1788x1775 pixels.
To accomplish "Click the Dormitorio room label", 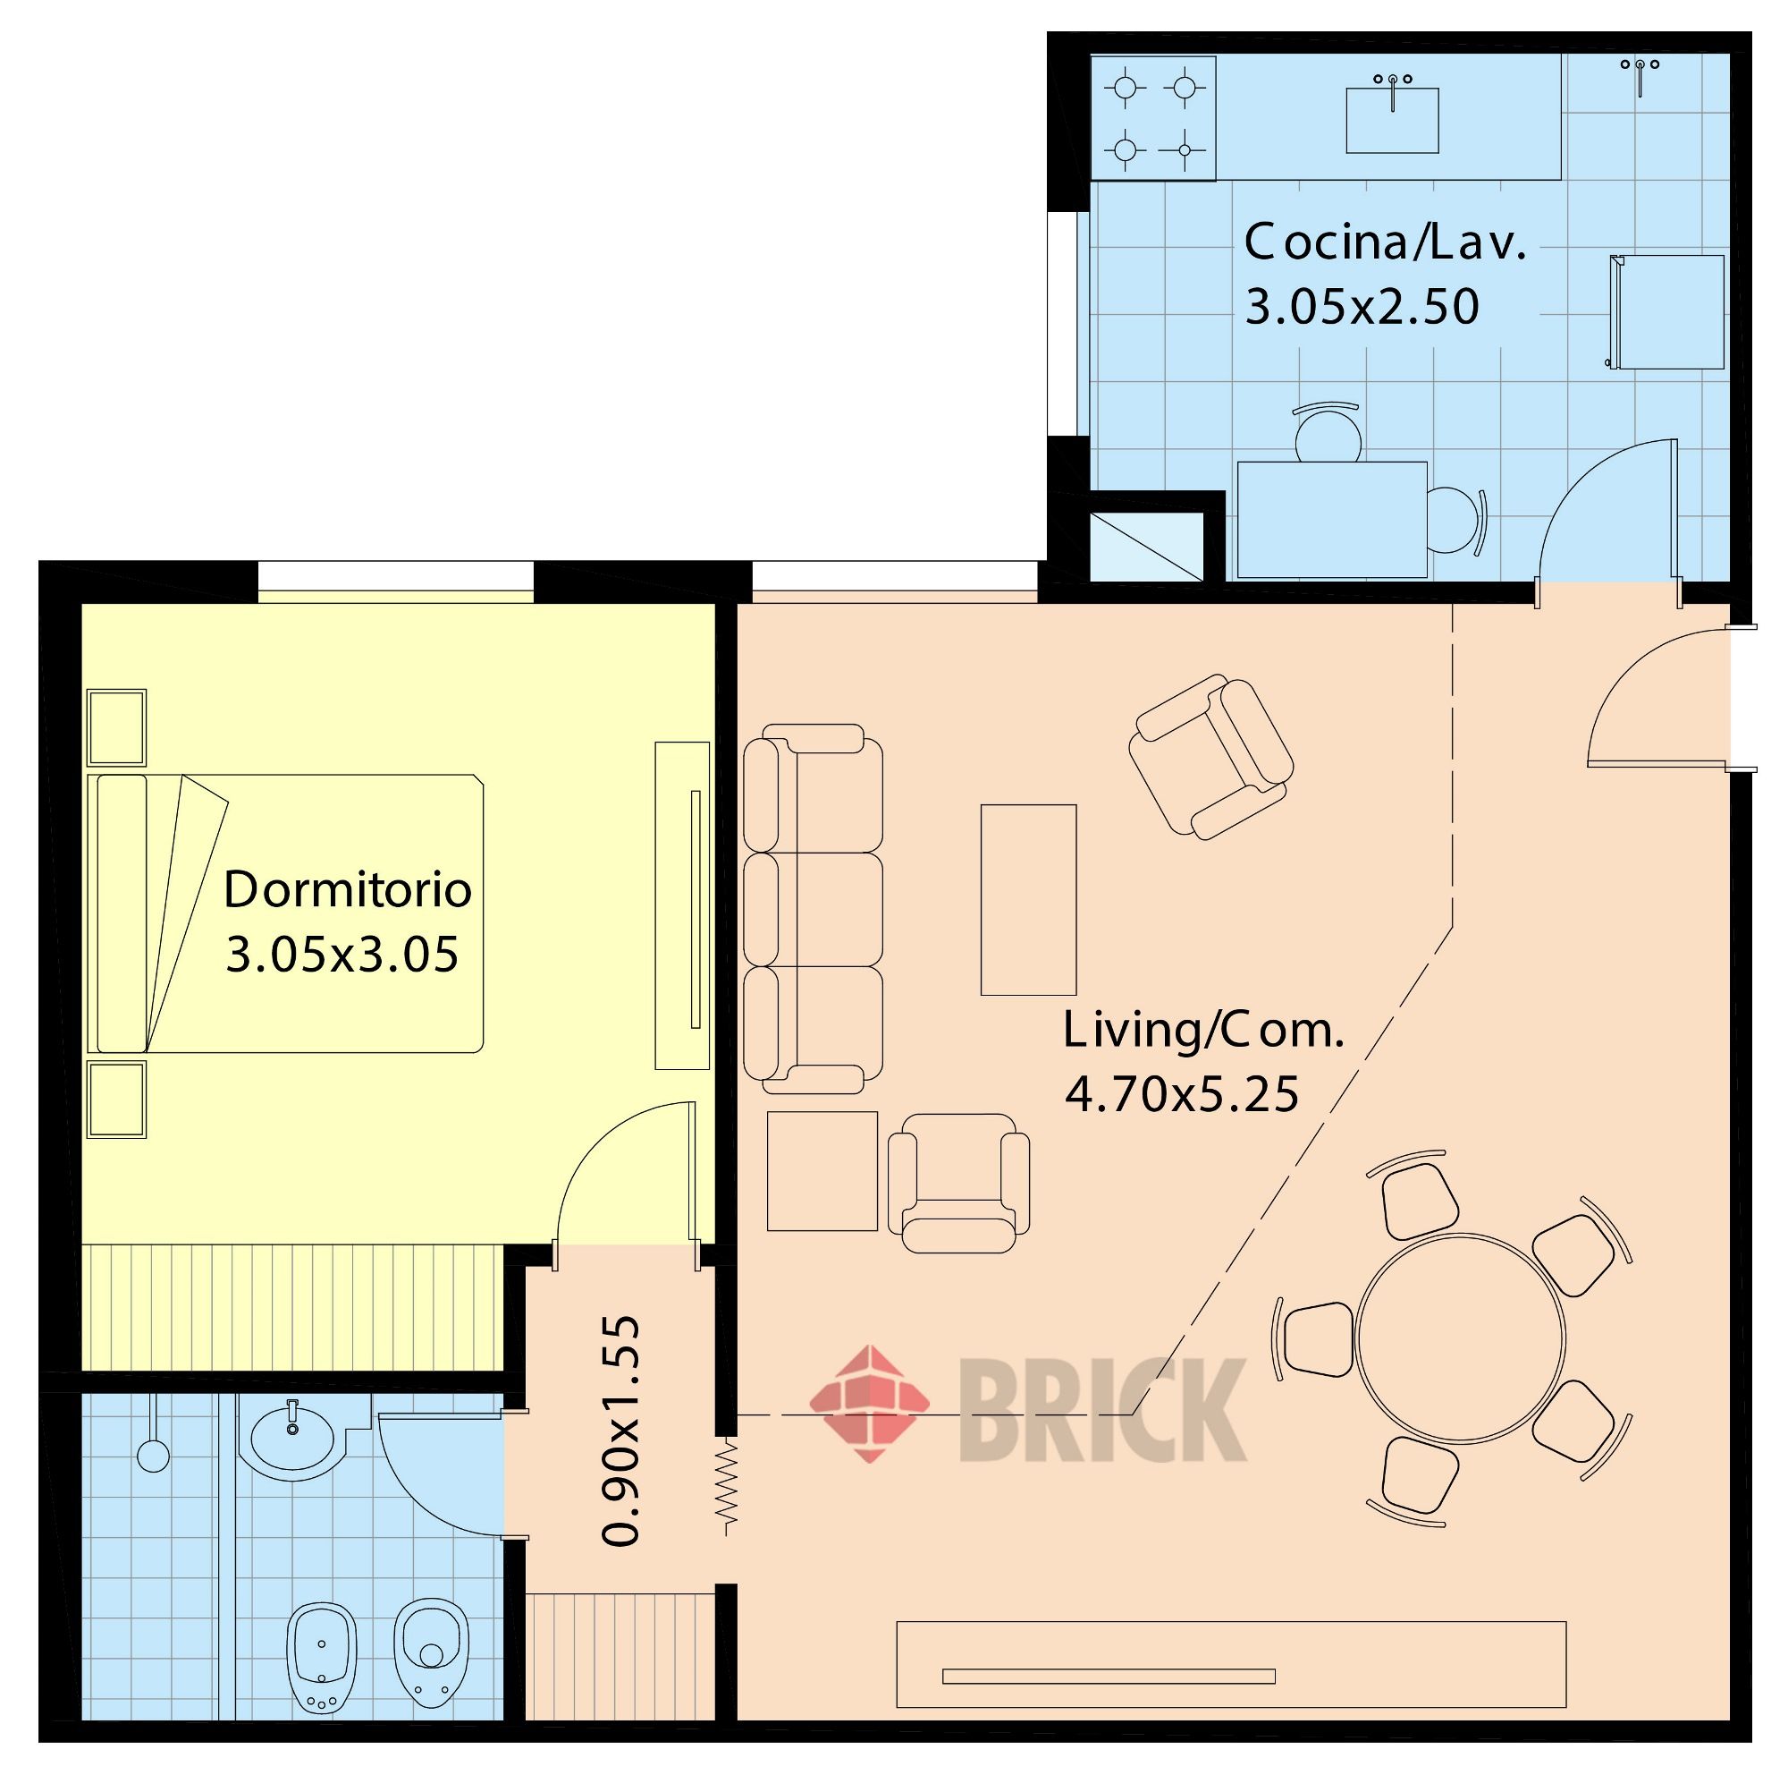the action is (348, 890).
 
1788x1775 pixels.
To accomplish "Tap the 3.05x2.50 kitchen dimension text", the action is (1362, 307).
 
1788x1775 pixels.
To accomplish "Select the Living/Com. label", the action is (1203, 1031).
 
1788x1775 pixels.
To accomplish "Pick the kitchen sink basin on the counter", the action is (1392, 121).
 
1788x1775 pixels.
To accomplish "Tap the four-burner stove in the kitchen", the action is (1153, 118).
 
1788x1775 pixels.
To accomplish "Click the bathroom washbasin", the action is (292, 1440).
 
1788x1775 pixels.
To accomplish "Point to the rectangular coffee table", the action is (1028, 899).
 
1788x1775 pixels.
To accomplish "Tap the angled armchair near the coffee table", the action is (1210, 757).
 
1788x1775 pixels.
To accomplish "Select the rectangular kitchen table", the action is (1332, 520).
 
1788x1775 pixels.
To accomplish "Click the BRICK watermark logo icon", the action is (869, 1404).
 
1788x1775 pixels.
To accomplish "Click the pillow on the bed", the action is (122, 913).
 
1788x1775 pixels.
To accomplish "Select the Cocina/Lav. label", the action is (1385, 242).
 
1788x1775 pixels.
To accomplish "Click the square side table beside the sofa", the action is (822, 1170).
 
